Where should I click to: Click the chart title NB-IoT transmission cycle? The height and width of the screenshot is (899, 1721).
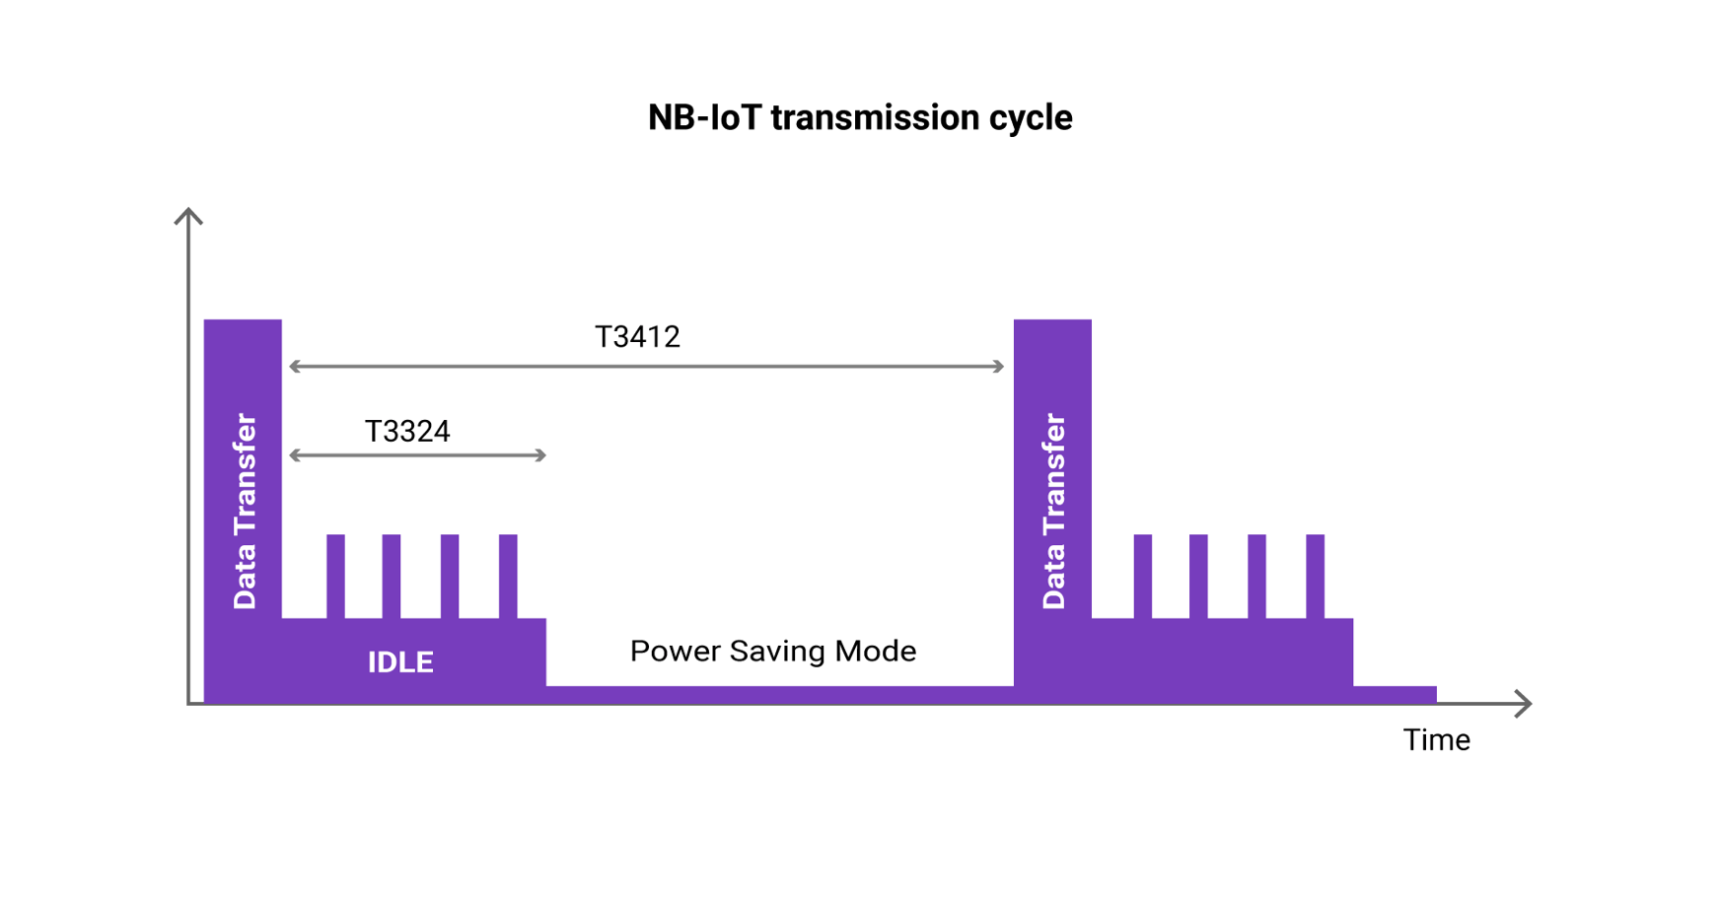tap(859, 117)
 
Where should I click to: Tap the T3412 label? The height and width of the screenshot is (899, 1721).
tap(637, 337)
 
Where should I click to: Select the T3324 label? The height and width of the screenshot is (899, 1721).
tap(407, 431)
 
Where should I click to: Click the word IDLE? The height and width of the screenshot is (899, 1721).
tap(400, 661)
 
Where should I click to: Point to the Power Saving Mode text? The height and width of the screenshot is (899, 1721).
tap(772, 651)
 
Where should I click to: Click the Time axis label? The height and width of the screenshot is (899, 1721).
tap(1436, 739)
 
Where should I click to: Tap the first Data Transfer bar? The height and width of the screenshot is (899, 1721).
tap(243, 493)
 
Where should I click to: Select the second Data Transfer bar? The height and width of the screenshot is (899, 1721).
tap(1052, 493)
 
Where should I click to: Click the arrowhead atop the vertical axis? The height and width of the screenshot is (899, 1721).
tap(188, 215)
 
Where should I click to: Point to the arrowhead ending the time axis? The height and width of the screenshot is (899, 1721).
tap(1525, 703)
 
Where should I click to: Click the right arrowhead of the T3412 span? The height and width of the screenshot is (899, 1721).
tap(998, 367)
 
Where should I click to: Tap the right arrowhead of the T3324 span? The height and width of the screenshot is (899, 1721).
tap(540, 455)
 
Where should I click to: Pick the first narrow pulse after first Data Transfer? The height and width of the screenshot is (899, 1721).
tap(335, 576)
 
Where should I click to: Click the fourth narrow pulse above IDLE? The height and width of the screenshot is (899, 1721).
tap(508, 576)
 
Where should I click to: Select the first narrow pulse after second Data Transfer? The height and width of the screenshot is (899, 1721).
tap(1142, 576)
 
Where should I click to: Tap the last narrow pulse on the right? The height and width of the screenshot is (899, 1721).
tap(1315, 576)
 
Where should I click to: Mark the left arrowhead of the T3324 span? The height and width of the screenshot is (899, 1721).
tap(294, 455)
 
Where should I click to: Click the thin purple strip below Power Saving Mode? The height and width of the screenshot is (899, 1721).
tap(779, 694)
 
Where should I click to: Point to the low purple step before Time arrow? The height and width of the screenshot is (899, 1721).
tap(1395, 694)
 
